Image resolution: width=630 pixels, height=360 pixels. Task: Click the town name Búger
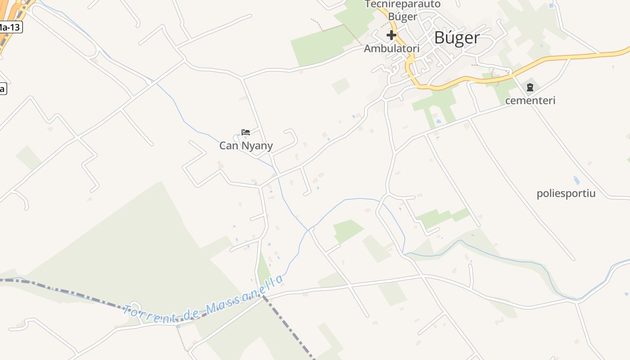(457, 38)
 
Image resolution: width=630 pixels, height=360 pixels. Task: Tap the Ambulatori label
(391, 48)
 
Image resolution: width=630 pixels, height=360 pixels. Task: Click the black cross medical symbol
(391, 35)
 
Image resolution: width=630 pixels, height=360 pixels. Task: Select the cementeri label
(530, 100)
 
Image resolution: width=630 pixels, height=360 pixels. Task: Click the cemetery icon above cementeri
(530, 87)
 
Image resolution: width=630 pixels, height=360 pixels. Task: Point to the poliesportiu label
(566, 193)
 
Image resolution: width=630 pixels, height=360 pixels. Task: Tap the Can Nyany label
(246, 146)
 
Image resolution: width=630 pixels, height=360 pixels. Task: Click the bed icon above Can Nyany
(246, 132)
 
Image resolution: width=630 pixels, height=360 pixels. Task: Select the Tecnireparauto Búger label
(402, 10)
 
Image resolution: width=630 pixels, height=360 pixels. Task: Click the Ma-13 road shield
(9, 27)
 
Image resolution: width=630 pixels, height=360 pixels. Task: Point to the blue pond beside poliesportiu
(576, 180)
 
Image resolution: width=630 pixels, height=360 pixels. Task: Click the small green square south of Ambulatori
(341, 85)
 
